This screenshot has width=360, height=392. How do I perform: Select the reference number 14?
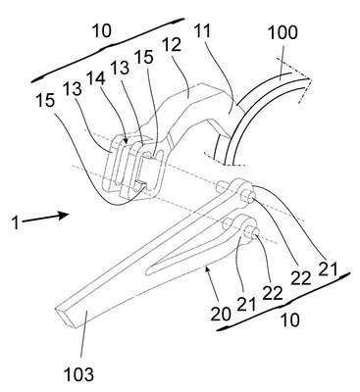pos(96,79)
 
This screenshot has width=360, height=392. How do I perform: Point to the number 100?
pos(283,32)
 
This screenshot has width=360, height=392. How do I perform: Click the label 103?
pos(78,373)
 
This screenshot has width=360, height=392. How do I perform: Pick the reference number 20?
pos(221,314)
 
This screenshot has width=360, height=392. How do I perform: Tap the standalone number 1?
pos(15,223)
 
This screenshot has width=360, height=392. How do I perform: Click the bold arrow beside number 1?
pos(45,218)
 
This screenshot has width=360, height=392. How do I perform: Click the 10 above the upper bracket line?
pos(102,31)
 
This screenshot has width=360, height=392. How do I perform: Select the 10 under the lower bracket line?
pos(289,320)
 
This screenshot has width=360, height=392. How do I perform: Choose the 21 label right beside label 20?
pos(246,305)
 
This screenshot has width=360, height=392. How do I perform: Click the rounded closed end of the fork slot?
pos(149,270)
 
